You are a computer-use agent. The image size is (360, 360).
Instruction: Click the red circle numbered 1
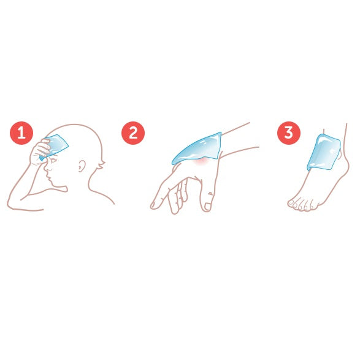point(21,133)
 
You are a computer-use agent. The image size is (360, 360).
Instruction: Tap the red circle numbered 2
point(133,133)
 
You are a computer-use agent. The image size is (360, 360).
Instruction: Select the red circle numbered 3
point(289,133)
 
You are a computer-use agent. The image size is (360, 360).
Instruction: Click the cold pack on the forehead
point(55,147)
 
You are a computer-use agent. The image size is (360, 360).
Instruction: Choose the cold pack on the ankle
point(324,152)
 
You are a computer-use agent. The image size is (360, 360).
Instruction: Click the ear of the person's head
point(82,166)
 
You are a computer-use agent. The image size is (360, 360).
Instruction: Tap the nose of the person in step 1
point(48,169)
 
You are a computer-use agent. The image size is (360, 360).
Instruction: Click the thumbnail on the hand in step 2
point(207,207)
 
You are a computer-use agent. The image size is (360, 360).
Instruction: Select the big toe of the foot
point(291,203)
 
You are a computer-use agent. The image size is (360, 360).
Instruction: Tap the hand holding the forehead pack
point(41,153)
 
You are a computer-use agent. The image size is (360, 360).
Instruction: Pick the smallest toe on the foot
point(312,206)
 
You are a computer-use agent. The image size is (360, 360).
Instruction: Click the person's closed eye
point(54,160)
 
